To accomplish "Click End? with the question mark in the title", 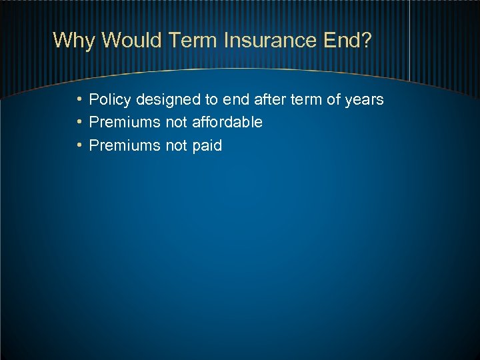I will tap(347, 41).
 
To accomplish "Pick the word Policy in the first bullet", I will tap(110, 100).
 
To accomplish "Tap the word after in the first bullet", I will tap(270, 100).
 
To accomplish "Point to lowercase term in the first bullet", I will tap(306, 100).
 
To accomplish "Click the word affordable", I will tap(227, 123).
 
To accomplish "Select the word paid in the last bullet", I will tap(207, 145).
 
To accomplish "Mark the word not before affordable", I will tap(176, 123).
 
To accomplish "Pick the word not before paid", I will tap(176, 145).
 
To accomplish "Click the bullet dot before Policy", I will tap(79, 100).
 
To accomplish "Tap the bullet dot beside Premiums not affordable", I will tap(79, 123).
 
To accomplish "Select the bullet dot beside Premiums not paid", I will tap(79, 145).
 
